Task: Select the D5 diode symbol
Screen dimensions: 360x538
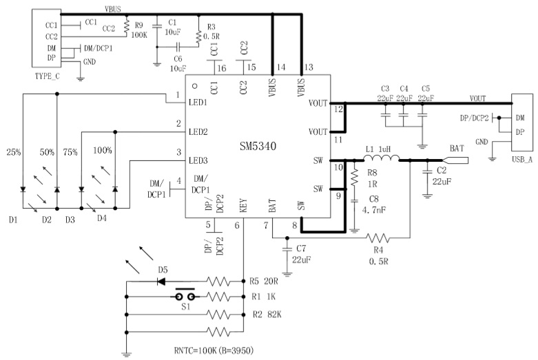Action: point(163,281)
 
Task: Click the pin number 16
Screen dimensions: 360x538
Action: point(220,68)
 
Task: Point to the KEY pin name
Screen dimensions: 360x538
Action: point(243,204)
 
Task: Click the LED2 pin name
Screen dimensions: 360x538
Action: point(198,131)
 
